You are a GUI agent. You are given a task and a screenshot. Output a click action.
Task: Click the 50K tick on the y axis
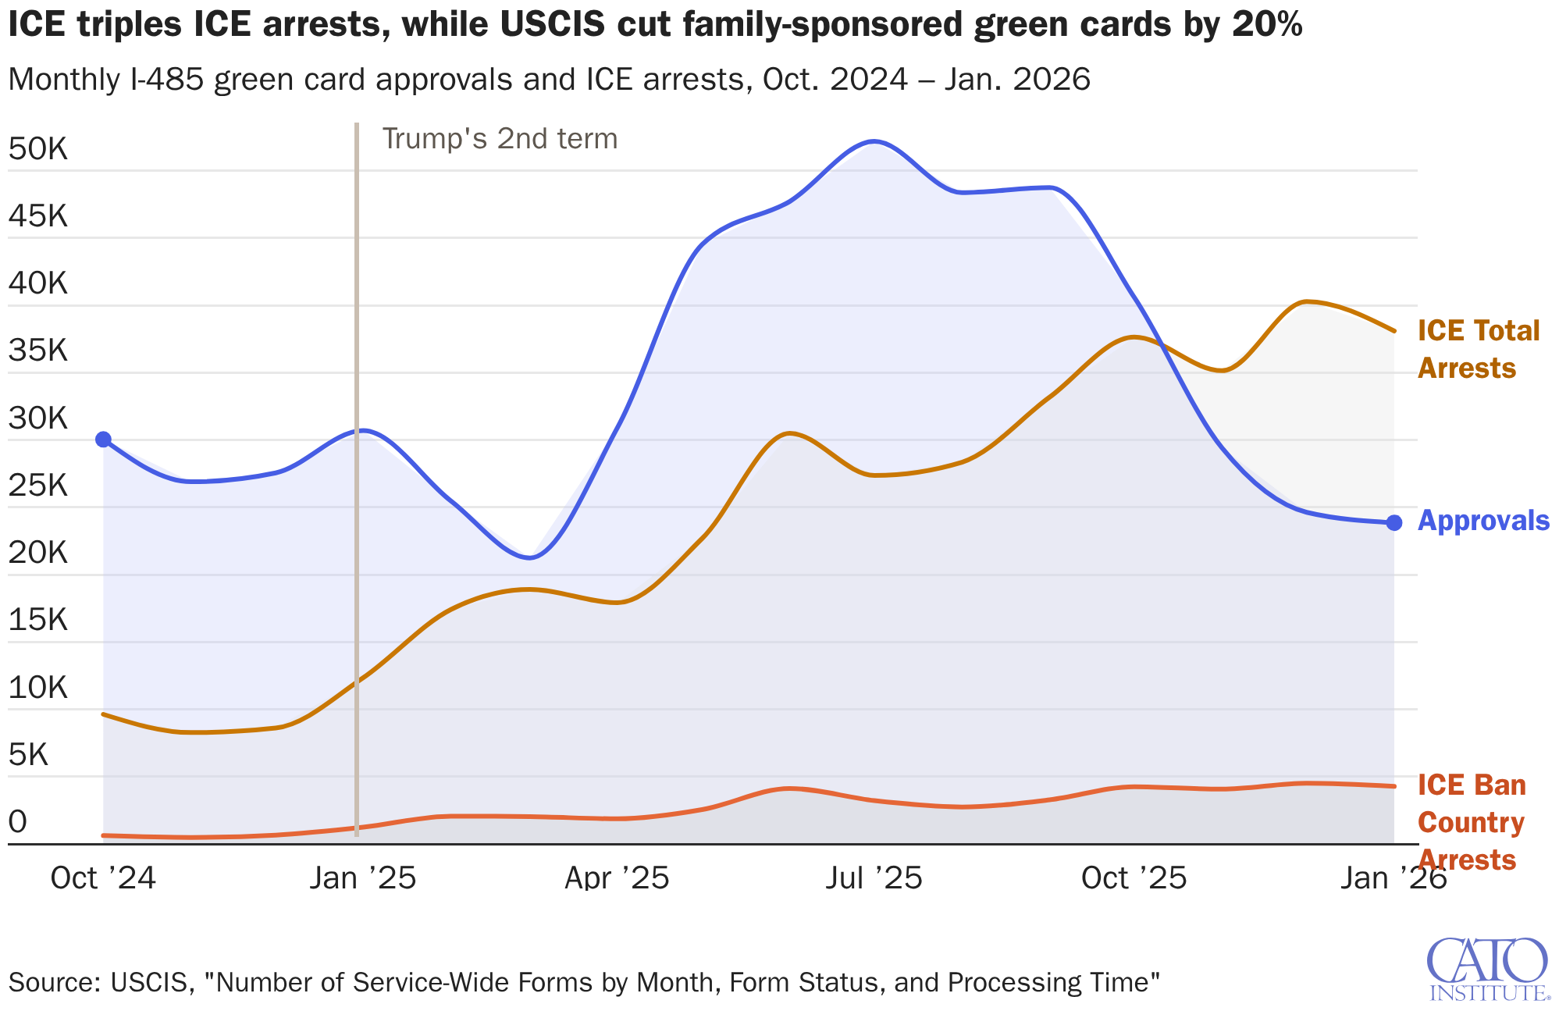(38, 148)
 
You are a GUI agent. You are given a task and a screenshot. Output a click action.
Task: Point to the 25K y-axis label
(38, 486)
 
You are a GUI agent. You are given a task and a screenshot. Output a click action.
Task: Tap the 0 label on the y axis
(17, 821)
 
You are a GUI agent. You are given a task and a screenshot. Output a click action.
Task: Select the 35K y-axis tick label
(38, 351)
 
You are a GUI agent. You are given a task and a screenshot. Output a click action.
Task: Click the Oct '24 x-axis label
(103, 878)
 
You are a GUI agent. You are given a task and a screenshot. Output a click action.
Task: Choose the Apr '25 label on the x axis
(617, 878)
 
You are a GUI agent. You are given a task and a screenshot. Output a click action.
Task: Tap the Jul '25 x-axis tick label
(874, 878)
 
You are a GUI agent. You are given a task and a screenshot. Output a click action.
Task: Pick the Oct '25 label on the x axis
(1134, 878)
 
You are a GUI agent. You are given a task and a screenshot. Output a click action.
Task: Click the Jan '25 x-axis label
(362, 878)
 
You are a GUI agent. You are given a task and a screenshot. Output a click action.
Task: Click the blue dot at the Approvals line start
(103, 440)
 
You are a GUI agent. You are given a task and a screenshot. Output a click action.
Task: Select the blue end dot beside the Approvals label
(1393, 522)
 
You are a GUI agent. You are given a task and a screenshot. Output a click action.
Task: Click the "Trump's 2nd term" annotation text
(500, 139)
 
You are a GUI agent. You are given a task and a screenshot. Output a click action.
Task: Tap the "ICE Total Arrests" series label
(1477, 349)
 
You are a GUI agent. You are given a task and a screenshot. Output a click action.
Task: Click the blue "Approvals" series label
(1482, 521)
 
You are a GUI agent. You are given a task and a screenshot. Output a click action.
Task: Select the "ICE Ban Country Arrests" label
(1471, 822)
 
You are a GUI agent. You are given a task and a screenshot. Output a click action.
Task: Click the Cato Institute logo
(1487, 969)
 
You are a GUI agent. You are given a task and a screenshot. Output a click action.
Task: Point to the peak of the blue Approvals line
(874, 141)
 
